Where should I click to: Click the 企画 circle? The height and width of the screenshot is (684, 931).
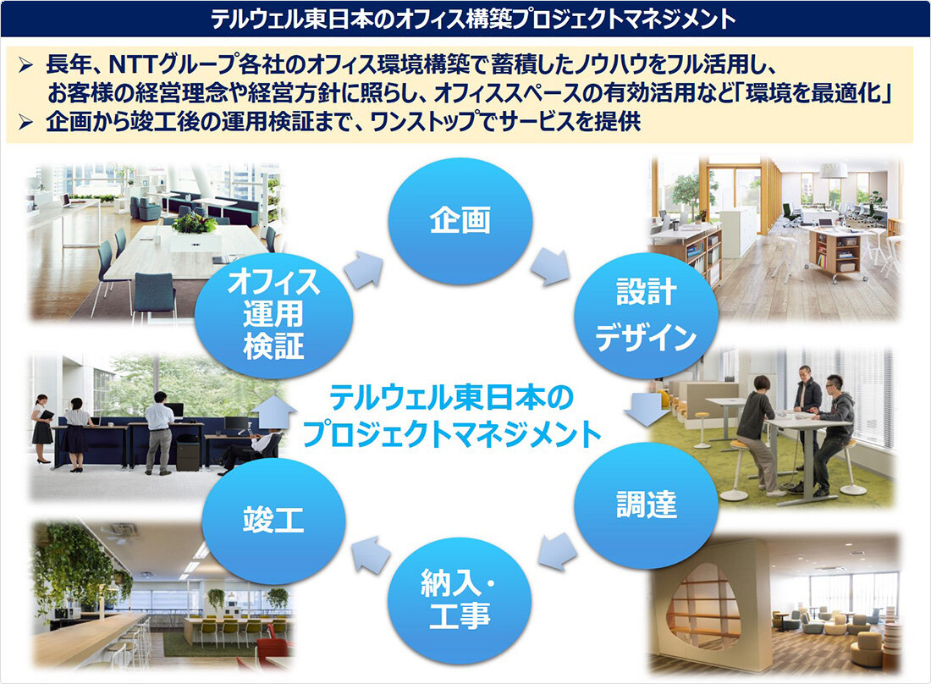(460, 221)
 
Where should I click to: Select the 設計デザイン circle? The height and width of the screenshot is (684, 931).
(646, 315)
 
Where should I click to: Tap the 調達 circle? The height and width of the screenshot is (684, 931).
(646, 505)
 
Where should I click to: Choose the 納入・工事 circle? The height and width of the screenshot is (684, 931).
(460, 600)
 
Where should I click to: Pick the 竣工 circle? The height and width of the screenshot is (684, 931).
(273, 521)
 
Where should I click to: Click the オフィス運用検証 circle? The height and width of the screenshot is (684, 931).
(273, 315)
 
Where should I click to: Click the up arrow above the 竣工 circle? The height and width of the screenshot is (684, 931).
(273, 412)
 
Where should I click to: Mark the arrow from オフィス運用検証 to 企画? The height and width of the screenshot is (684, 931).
(364, 269)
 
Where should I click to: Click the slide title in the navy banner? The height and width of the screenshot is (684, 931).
(473, 19)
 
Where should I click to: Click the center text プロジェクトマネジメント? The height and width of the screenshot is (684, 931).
(453, 434)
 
